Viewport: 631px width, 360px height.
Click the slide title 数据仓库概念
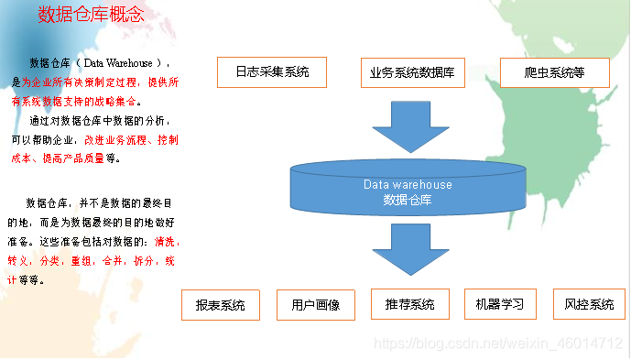91,15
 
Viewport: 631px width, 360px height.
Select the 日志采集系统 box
272,71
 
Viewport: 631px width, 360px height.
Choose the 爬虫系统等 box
554,71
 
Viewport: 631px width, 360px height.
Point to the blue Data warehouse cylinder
408,188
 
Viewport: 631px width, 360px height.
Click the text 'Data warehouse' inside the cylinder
408,184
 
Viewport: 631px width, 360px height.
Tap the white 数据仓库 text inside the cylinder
408,199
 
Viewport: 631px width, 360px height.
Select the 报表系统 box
221,305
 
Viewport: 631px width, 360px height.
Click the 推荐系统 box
409,304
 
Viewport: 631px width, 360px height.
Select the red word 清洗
168,242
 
